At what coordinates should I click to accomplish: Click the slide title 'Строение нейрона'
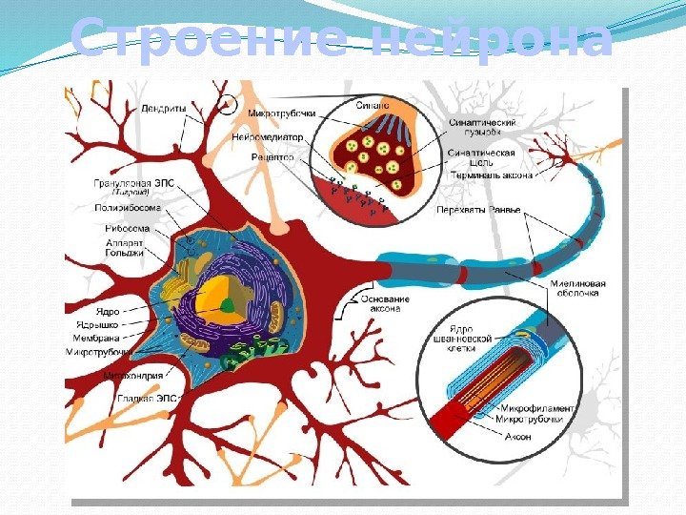[x=341, y=41]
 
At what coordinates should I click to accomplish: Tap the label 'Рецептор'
[x=272, y=155]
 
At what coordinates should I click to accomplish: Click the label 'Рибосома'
[x=127, y=229]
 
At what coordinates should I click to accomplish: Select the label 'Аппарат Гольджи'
[x=125, y=249]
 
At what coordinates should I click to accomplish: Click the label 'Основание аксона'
[x=386, y=303]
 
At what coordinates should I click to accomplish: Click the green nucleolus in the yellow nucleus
[x=228, y=305]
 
